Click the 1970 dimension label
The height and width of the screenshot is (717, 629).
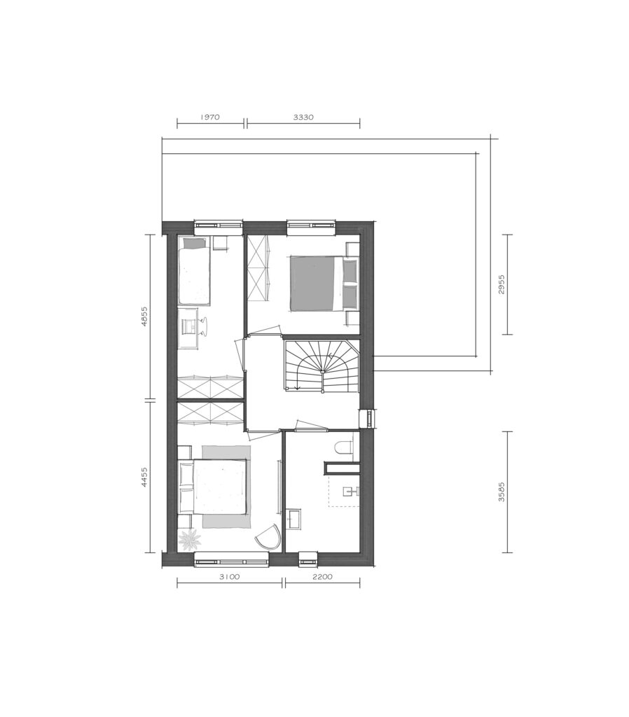click(x=210, y=117)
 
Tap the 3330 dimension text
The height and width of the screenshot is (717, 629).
click(x=303, y=117)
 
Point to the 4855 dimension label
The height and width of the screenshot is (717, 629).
click(x=144, y=316)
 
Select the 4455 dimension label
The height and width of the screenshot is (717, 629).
click(x=144, y=478)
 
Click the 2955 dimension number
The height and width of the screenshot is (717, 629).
click(x=502, y=284)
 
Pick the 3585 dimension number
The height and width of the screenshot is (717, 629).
click(x=502, y=492)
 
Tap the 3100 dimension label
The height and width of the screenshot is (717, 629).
click(x=229, y=577)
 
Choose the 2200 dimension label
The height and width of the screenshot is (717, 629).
click(x=322, y=577)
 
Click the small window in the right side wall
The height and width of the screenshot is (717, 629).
click(x=368, y=418)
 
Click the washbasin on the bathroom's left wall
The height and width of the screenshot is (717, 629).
click(x=293, y=519)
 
